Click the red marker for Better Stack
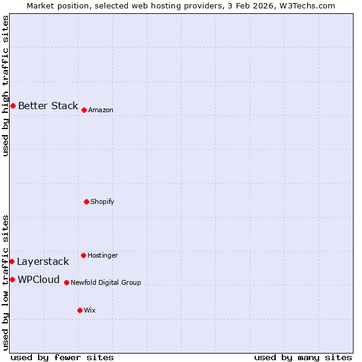13,106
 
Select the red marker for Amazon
84,110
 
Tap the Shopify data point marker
86,202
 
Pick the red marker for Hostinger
83,255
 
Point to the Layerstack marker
11,261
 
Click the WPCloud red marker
12,279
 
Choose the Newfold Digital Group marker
66,282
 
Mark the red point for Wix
80,310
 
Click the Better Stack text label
48,106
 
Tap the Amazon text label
100,110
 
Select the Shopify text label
102,202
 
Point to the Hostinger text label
103,255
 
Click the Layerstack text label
43,261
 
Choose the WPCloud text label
39,279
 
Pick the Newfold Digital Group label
106,282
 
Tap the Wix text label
89,310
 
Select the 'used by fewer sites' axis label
62,357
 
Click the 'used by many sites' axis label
303,357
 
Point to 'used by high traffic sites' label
5,86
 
